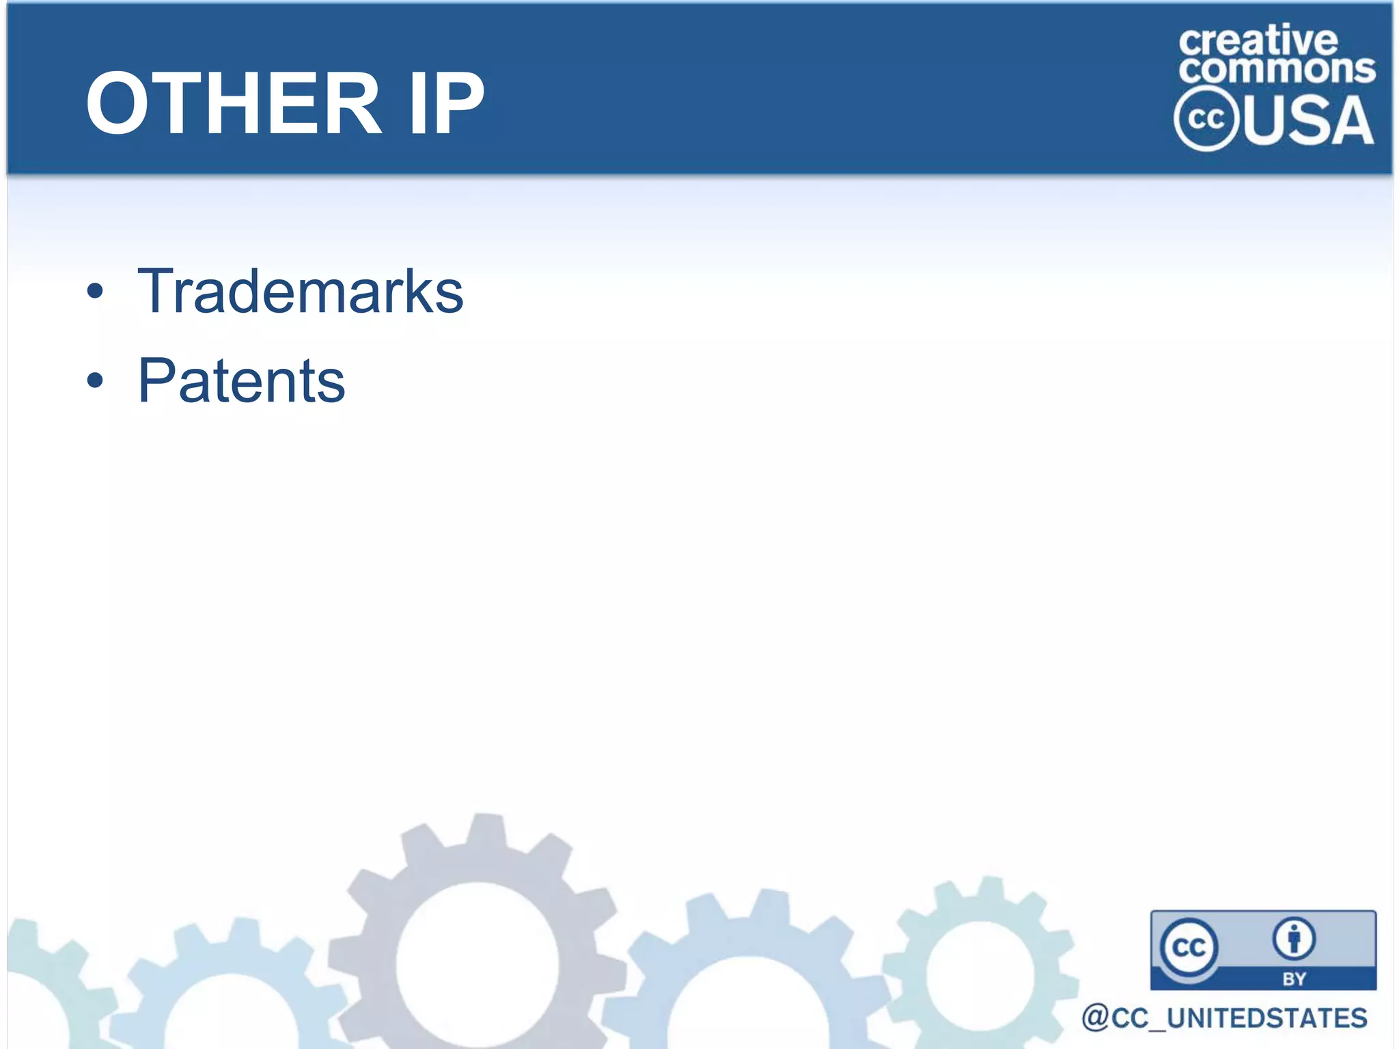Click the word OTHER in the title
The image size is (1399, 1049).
[x=233, y=104]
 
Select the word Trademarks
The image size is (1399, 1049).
[x=301, y=292]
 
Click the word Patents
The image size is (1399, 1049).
[x=242, y=381]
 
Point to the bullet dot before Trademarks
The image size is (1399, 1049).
[x=96, y=292]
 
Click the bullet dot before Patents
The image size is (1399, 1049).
[x=96, y=381]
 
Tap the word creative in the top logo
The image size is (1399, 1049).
[x=1258, y=41]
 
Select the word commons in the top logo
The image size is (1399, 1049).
[x=1277, y=70]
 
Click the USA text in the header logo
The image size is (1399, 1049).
[x=1308, y=121]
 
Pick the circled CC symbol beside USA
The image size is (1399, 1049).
[x=1206, y=119]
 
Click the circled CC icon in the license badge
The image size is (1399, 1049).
[x=1189, y=947]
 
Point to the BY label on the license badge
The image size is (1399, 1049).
[x=1294, y=979]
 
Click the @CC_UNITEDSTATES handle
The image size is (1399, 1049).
[x=1224, y=1018]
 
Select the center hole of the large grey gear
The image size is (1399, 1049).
[x=477, y=964]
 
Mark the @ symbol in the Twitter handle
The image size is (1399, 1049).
[x=1095, y=1018]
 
